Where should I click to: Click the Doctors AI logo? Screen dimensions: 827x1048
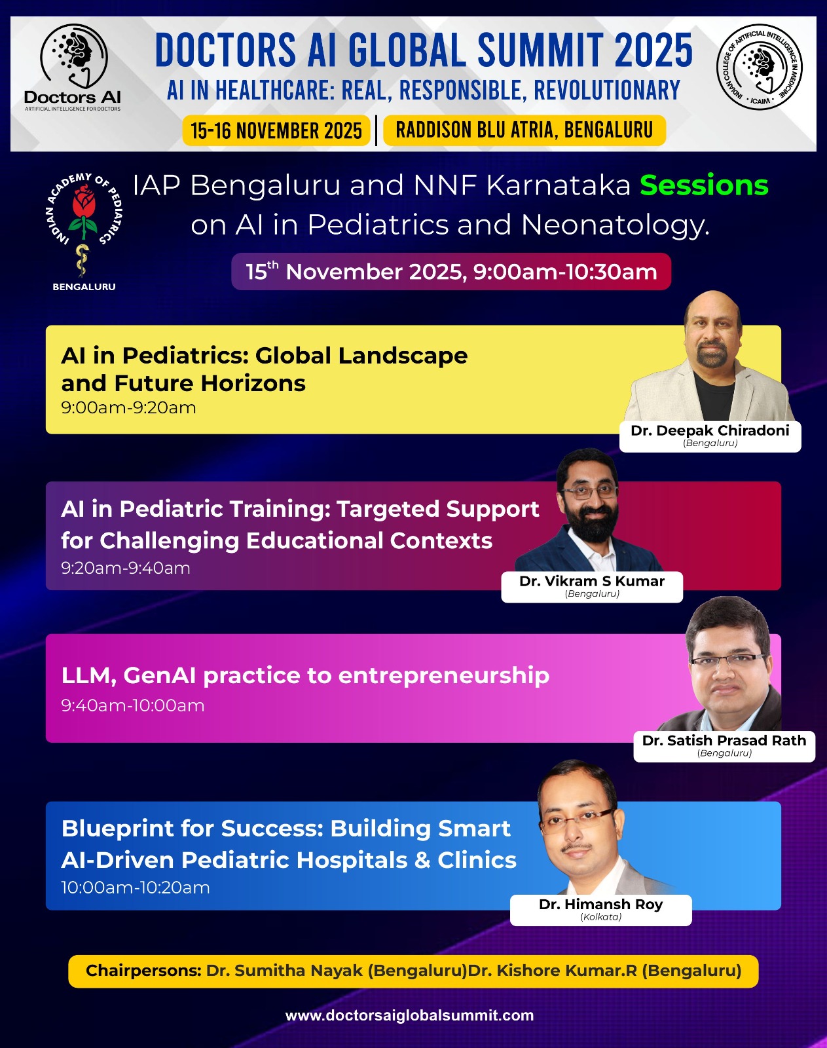(73, 67)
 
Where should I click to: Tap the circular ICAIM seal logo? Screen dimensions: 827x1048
(760, 67)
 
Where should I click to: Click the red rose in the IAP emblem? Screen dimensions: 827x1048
(84, 204)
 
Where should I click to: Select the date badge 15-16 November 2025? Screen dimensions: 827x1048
(276, 130)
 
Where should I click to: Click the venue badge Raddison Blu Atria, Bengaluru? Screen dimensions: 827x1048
(524, 130)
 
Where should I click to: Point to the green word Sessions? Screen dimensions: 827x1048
(704, 185)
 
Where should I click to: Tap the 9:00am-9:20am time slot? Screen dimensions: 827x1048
(128, 407)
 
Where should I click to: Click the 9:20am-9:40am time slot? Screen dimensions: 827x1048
(126, 568)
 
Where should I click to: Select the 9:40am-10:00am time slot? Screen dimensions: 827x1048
(133, 705)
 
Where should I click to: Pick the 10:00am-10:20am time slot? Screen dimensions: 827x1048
(136, 888)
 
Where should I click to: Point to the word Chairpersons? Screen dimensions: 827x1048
(143, 971)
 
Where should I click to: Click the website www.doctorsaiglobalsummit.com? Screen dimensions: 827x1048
(409, 1015)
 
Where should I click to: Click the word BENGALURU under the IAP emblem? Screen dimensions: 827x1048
(84, 287)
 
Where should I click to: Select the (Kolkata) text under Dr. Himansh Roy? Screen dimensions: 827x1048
(600, 917)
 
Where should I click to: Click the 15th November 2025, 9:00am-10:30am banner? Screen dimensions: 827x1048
(451, 272)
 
